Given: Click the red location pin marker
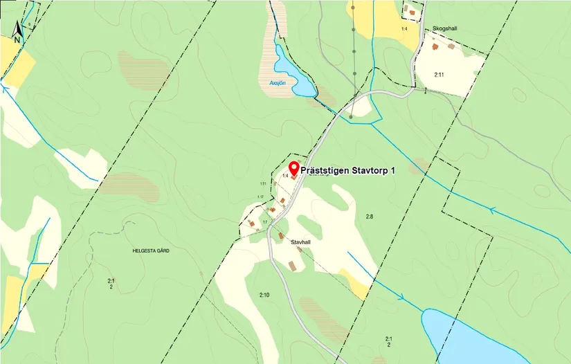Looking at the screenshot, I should coord(293,168).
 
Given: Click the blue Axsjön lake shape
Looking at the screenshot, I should coord(291,75).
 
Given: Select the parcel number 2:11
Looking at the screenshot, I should coord(439,73).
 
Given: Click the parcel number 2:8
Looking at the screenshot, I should coord(370,217).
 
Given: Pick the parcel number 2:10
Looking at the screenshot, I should coord(264,295).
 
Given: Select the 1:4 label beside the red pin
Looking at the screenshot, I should coord(284,176).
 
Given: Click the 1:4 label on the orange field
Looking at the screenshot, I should coord(404,29).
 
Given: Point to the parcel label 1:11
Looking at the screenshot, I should coord(263,183).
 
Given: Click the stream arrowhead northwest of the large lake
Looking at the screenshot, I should coord(401,298).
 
